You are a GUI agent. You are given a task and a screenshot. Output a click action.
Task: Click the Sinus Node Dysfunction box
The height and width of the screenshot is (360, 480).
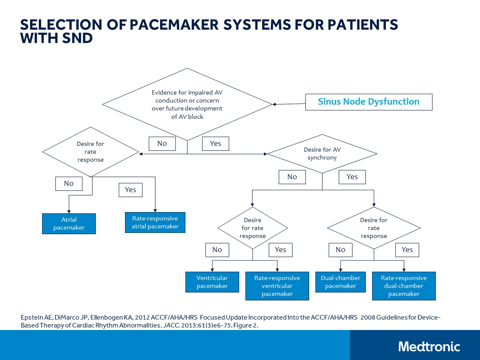369,102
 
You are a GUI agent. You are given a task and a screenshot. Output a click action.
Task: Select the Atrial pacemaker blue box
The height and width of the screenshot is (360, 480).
69,224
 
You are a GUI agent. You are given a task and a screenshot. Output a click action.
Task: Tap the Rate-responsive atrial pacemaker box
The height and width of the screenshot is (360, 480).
155,222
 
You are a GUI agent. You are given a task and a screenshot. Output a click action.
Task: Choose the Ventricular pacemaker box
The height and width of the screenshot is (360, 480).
212,282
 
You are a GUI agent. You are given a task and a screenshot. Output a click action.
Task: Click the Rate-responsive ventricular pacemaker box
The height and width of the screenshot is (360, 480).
277,286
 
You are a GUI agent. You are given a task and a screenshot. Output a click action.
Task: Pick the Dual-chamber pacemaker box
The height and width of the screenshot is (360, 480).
340,282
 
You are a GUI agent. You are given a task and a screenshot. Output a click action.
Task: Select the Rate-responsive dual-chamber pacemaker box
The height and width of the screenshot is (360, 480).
404,286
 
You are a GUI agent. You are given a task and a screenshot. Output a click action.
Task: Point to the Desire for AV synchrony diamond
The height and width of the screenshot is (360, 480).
322,154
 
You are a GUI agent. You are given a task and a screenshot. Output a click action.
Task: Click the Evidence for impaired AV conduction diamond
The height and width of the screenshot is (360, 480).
187,105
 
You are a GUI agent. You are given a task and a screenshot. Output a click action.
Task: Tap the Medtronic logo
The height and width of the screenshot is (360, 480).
429,346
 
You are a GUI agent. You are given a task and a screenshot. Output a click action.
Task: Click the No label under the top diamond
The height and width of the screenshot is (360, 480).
162,144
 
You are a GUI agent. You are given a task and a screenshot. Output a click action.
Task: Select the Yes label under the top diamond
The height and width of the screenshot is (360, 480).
215,144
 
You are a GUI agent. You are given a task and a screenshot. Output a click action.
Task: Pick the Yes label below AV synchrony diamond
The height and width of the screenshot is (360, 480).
352,177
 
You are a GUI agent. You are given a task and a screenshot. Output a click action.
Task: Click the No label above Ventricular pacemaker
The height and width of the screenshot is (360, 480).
217,250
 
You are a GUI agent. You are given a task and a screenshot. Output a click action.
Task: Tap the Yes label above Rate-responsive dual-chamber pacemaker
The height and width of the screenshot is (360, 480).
407,250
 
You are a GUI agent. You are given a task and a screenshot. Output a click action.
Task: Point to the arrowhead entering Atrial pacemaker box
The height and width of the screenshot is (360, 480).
69,211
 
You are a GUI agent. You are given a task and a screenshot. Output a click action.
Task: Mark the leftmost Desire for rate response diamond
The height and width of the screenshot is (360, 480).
90,152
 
